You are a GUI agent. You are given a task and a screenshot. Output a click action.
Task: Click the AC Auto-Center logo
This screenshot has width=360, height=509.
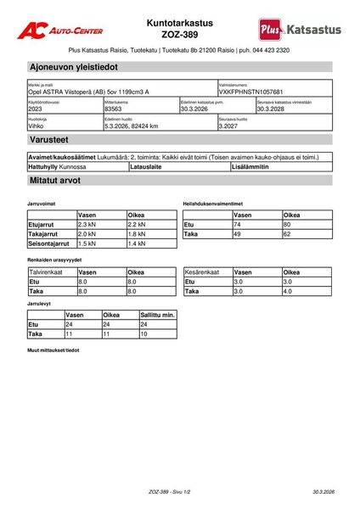coord(64,30)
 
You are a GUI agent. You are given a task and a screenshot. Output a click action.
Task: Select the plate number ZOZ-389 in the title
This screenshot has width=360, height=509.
coord(179,34)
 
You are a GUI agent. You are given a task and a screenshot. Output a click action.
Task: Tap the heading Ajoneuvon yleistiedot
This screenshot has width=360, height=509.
coord(73,66)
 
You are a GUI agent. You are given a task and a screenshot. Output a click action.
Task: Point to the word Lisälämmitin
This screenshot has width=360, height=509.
coord(251,167)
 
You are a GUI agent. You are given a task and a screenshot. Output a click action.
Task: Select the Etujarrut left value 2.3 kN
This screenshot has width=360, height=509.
coord(87,224)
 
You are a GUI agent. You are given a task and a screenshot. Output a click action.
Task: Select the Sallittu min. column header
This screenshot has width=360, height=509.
coord(157,315)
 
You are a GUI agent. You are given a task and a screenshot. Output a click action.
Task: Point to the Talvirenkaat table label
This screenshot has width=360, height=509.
coord(48,272)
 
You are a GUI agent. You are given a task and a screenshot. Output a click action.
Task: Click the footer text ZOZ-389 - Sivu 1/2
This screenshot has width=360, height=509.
coord(170,491)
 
